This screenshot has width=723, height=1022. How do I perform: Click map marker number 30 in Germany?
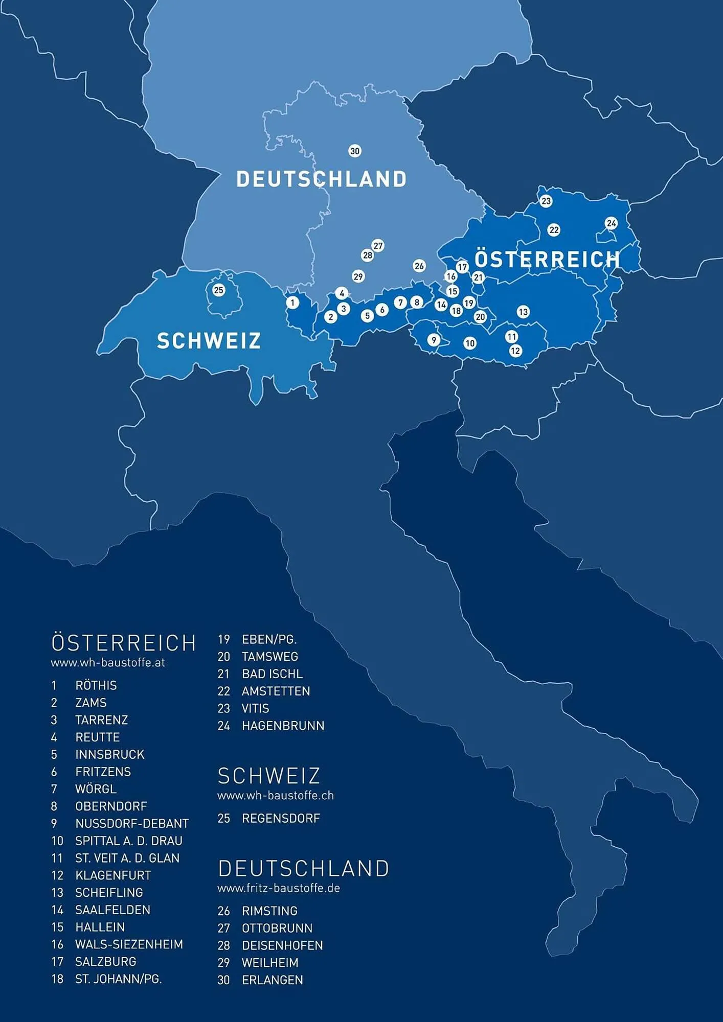click(355, 151)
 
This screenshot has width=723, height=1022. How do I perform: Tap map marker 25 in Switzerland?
click(219, 290)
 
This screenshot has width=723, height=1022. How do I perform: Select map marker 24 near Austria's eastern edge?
click(611, 223)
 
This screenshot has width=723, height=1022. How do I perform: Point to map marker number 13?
click(523, 312)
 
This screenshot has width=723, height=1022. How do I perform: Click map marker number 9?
click(434, 340)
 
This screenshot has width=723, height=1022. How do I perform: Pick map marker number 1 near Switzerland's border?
click(292, 303)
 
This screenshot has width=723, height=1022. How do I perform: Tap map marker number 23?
click(546, 201)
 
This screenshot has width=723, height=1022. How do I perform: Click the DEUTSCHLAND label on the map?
click(321, 179)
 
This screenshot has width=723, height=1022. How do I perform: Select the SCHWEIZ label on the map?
click(209, 341)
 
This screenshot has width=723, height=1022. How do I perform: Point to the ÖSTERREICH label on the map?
click(547, 259)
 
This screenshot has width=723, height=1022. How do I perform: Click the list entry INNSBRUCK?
click(109, 754)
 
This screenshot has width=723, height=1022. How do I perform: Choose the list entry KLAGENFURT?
click(112, 875)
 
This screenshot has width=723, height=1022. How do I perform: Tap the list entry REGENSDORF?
click(281, 818)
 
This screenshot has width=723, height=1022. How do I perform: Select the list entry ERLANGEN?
click(272, 980)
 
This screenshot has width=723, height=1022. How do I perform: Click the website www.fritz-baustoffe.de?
click(279, 888)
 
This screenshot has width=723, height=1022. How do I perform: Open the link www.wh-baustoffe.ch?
click(276, 795)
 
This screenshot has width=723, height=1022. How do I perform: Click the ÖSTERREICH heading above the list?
click(124, 643)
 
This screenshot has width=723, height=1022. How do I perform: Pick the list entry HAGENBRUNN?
click(283, 726)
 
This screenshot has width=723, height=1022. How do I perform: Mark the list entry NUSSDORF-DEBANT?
click(132, 824)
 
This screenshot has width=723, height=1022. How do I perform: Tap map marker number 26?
click(419, 266)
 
